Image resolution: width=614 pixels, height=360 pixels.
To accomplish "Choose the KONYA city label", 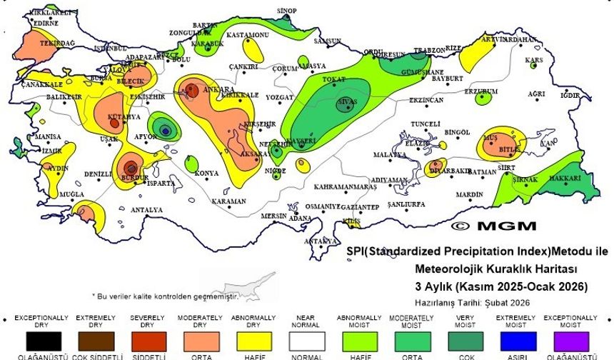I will tap(207, 173).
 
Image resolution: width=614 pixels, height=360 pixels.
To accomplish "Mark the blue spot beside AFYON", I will tap(165, 130).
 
